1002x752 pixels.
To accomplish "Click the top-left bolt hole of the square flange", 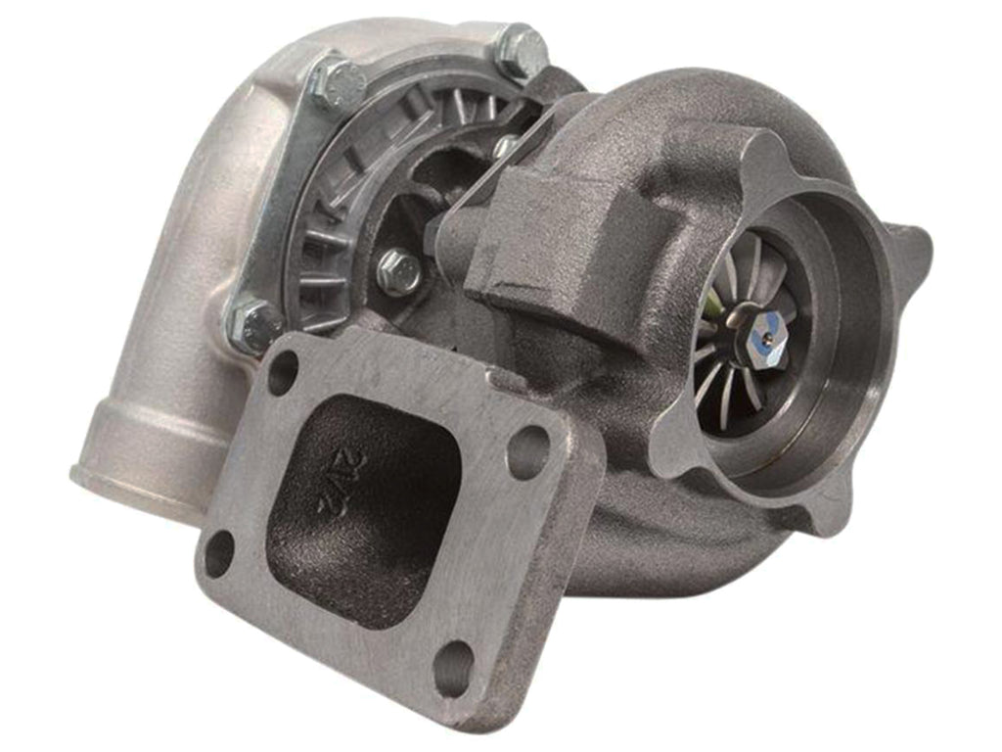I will coord(282,372).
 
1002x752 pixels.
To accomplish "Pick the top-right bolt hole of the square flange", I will coord(528,452).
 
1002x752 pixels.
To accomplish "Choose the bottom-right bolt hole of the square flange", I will coord(452,667).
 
